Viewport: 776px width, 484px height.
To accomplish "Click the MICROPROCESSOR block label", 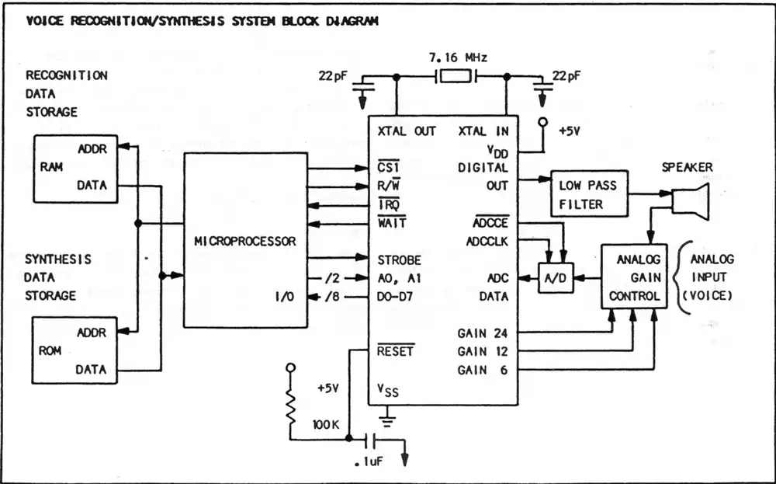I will click(x=245, y=242).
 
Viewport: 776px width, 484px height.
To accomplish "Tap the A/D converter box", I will click(x=556, y=278).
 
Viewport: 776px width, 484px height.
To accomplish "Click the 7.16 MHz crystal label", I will click(x=456, y=58).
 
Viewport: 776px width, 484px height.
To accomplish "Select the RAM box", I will click(x=75, y=169).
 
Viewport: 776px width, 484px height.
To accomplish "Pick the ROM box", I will click(x=75, y=350).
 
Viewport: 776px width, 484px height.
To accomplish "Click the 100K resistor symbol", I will click(x=290, y=409).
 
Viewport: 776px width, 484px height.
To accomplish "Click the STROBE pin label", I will click(x=399, y=260).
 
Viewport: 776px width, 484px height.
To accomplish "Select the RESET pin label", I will click(x=396, y=351).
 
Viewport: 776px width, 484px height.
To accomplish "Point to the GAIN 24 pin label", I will click(x=483, y=333).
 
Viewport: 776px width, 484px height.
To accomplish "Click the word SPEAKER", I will click(x=687, y=167).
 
